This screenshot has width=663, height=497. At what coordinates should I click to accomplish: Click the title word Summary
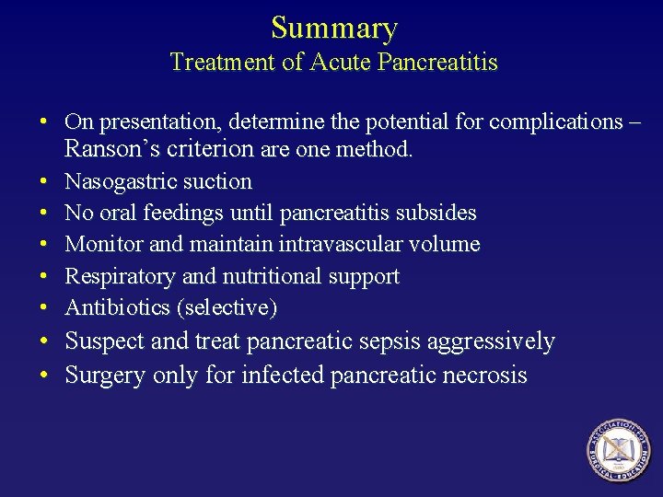click(x=333, y=29)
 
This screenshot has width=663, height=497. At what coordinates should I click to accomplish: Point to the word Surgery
click(x=105, y=375)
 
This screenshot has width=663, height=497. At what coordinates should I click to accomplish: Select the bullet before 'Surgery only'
click(x=44, y=376)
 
